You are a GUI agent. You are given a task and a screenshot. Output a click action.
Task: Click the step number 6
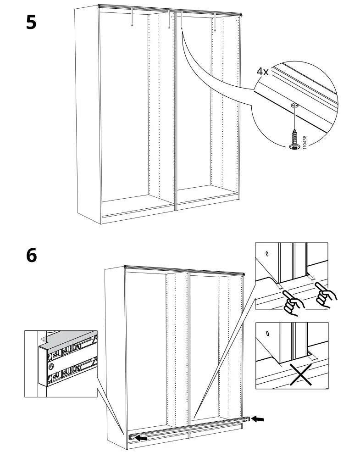pyautogui.click(x=31, y=255)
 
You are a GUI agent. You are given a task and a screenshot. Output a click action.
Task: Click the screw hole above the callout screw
pyautogui.click(x=294, y=106)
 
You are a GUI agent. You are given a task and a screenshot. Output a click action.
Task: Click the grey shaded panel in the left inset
pyautogui.click(x=69, y=339)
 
